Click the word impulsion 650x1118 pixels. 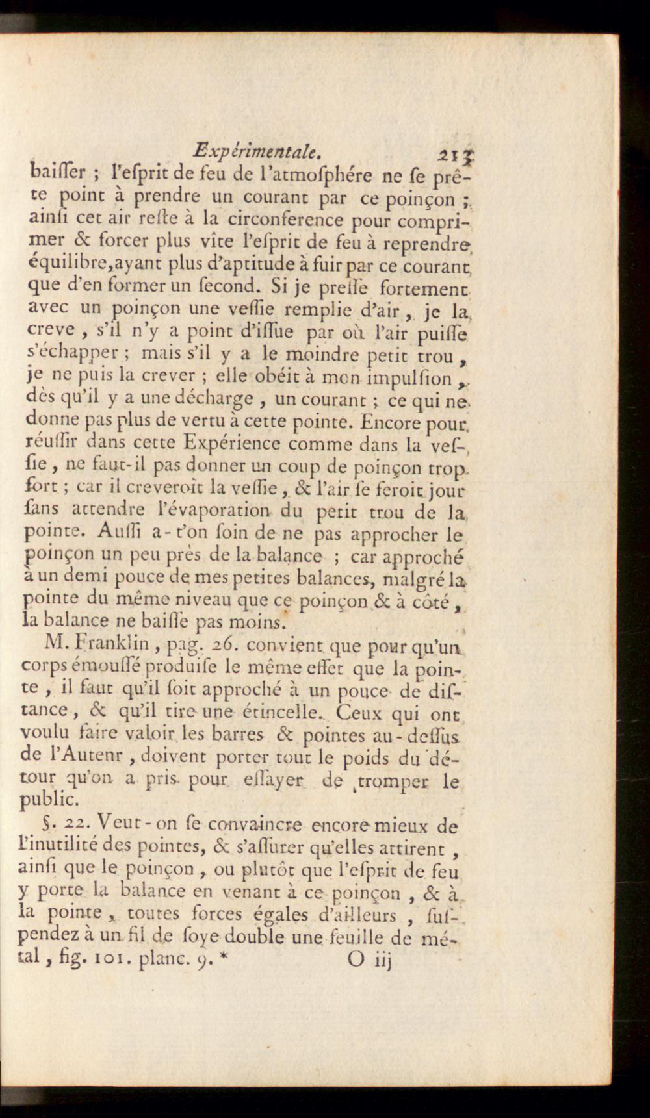coord(410,377)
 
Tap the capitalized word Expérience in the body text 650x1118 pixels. coord(232,443)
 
